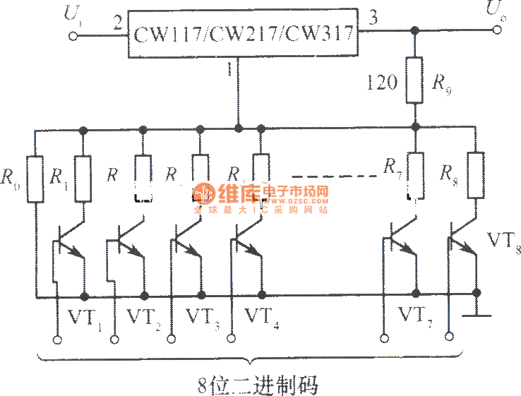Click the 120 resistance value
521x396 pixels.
(x=381, y=83)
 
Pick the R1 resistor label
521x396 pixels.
(x=58, y=176)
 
